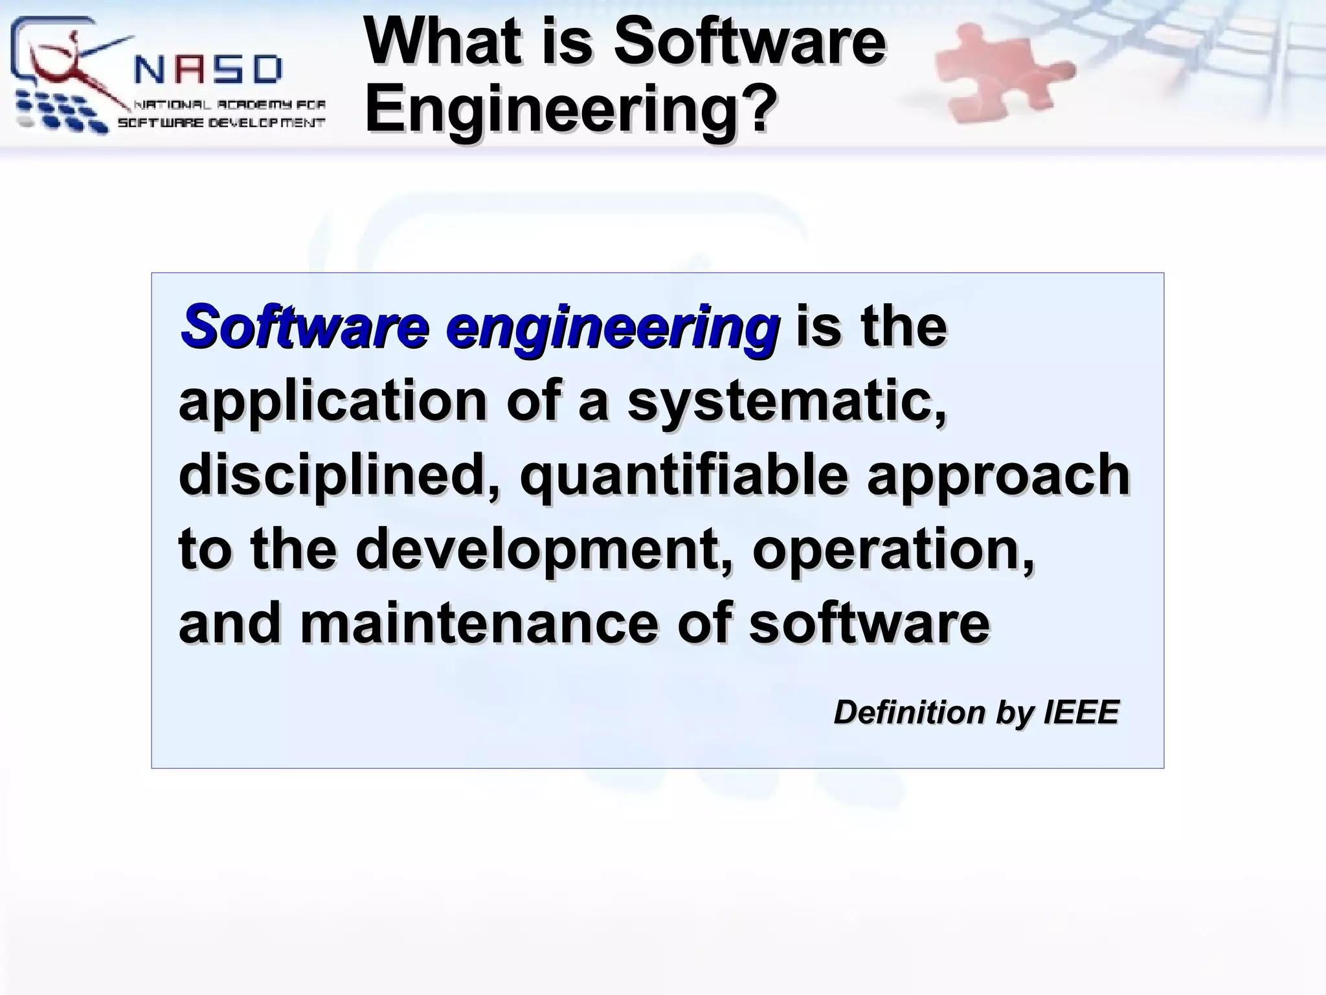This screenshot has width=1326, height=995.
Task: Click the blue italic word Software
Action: (304, 326)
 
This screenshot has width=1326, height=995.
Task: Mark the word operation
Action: (893, 549)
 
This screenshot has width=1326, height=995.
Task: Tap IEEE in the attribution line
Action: (1081, 713)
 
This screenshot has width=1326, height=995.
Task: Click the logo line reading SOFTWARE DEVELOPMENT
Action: (221, 122)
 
